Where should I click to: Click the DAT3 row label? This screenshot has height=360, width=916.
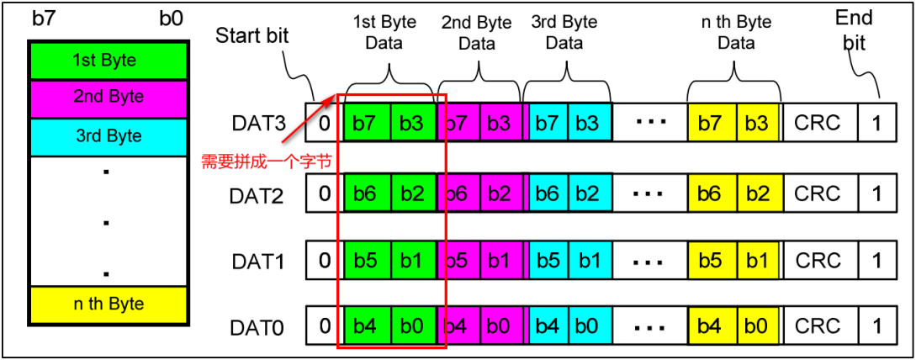(257, 123)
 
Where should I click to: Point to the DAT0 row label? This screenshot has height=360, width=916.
(257, 326)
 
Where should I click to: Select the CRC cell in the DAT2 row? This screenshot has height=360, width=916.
(817, 193)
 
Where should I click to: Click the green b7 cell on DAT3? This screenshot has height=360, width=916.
(366, 123)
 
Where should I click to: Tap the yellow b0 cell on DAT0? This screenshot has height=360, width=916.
(756, 326)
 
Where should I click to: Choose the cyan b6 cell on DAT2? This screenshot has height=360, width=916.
(547, 193)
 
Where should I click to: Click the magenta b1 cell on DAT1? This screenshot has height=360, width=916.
(499, 261)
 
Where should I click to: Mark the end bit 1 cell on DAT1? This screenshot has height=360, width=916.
(876, 261)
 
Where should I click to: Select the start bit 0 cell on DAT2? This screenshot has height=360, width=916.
(325, 193)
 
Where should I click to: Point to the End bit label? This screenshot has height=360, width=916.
(855, 29)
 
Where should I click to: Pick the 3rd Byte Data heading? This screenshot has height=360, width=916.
(564, 32)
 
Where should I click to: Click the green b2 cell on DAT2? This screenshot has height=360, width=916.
(413, 193)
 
